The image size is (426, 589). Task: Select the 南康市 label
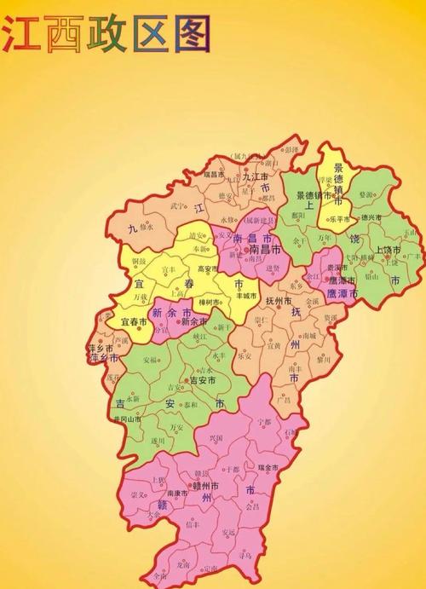tap(177, 494)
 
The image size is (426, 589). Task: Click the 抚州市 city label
tap(279, 301)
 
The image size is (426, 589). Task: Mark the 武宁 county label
tap(177, 205)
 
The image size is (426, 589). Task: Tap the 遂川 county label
tap(158, 441)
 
